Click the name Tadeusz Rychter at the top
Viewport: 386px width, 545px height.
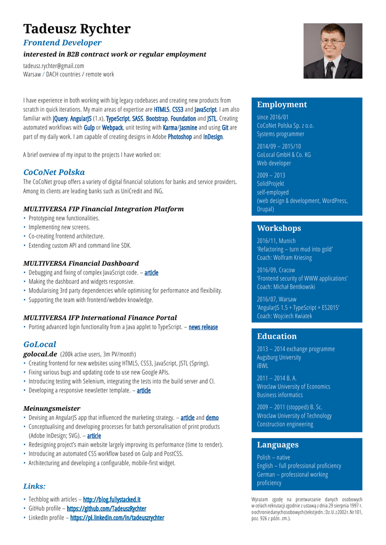coord(77,29)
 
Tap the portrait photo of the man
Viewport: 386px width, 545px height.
coord(333,51)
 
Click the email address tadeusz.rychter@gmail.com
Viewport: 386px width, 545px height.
coord(53,66)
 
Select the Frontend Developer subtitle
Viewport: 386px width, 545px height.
coord(62,43)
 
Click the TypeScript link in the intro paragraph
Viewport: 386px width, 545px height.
coord(118,119)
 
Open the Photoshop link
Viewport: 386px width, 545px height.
coord(179,137)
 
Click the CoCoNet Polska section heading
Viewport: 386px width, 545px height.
coord(54,172)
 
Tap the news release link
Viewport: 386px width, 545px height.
coord(203,327)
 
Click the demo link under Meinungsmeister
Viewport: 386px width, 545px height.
coord(212,418)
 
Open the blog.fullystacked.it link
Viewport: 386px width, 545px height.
coord(112,500)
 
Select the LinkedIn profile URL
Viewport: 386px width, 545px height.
coord(117,518)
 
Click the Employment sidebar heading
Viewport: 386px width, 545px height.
coord(282,104)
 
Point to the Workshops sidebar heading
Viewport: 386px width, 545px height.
coord(279,228)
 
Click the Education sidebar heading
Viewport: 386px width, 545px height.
coord(277,336)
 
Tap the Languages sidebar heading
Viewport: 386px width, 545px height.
coord(278,445)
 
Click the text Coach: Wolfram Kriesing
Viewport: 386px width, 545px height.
coord(284,258)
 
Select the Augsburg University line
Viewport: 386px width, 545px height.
coord(279,358)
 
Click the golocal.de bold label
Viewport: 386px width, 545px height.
coord(40,354)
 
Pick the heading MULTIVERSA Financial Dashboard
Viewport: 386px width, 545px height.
coord(81,263)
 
